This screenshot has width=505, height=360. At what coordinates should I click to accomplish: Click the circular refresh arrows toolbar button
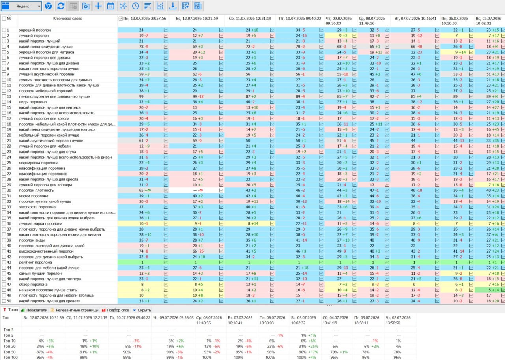coord(61,6)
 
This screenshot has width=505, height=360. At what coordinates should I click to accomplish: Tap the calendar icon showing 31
coord(110,6)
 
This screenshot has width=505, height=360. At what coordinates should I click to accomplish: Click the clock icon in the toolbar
coord(135,6)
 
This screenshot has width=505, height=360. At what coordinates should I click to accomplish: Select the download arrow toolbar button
coord(173,6)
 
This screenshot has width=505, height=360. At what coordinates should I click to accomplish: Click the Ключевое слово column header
coord(67,19)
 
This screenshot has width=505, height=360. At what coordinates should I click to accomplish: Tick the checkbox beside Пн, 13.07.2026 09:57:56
coord(120,19)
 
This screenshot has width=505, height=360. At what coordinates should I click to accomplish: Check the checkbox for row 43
coord(4,262)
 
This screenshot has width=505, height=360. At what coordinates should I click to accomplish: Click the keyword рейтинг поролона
coord(36,262)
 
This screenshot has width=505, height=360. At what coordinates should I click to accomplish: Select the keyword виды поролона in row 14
coord(33,102)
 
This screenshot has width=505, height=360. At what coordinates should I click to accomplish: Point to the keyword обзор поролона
coord(33,285)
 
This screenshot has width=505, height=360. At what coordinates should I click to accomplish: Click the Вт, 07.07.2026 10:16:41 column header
coord(415,19)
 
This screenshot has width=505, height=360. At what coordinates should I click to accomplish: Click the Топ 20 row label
coord(9,347)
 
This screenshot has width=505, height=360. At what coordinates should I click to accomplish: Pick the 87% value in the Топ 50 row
coord(40,352)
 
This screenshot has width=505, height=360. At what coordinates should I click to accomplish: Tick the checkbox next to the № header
coord(4,19)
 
